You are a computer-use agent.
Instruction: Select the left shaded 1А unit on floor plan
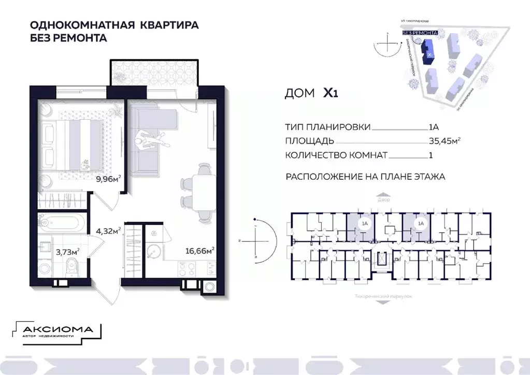tap(364, 224)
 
